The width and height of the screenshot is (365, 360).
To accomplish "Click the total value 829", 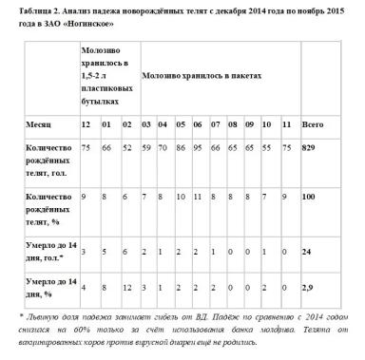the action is (310, 149).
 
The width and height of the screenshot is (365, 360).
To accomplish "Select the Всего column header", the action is (311, 124).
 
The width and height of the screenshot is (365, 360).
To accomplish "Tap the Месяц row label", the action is (39, 124).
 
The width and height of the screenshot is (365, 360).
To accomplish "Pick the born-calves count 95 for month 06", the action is (197, 149).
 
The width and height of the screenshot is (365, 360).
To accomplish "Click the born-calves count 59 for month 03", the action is (146, 149).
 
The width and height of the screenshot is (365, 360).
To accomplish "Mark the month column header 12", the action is (86, 124).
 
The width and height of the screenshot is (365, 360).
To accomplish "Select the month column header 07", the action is (215, 124).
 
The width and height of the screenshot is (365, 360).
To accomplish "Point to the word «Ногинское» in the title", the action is (94, 22).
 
